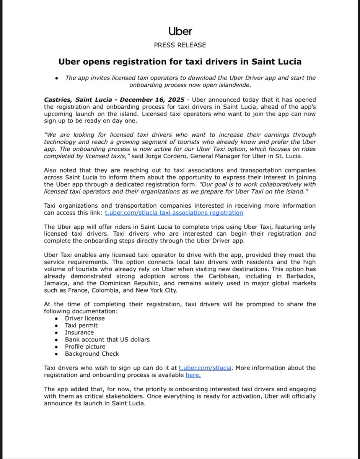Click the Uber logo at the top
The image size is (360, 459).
click(x=180, y=31)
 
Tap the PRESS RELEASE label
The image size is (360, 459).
click(x=180, y=45)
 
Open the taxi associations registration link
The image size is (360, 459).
click(x=174, y=213)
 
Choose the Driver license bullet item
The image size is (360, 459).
click(x=85, y=318)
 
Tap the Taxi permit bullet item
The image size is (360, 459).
click(x=81, y=326)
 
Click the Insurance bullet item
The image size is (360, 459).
click(x=79, y=332)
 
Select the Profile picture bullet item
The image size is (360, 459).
click(x=85, y=347)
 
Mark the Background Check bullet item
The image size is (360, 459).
click(x=92, y=354)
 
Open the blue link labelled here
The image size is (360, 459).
click(x=193, y=375)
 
